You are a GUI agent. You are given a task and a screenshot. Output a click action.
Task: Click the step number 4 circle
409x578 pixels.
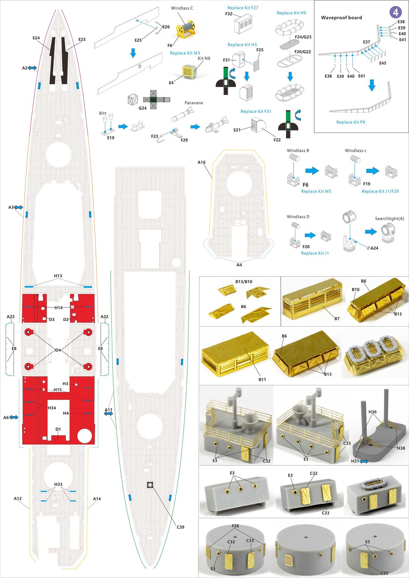click(x=395, y=12)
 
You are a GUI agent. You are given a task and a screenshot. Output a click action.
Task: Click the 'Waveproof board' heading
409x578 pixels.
click(x=341, y=18)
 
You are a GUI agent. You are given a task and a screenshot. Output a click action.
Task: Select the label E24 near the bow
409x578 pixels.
click(x=36, y=38)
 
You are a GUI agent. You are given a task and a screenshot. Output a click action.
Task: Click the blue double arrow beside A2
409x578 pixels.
click(x=32, y=68)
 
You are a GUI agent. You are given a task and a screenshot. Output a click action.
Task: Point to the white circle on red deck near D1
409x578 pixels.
click(x=84, y=436)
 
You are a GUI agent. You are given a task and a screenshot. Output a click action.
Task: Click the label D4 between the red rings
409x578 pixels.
click(x=58, y=350)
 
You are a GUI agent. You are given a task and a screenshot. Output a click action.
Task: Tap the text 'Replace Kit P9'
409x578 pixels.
click(x=350, y=122)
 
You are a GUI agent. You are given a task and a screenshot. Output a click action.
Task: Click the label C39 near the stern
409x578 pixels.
click(x=180, y=527)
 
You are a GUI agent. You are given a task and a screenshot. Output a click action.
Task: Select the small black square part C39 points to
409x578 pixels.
click(x=150, y=485)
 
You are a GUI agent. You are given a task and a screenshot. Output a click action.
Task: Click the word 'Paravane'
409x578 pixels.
click(x=194, y=103)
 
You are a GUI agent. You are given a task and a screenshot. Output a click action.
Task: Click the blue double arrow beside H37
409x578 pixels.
click(x=364, y=461)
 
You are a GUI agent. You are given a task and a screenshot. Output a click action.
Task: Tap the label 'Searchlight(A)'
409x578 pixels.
click(x=389, y=219)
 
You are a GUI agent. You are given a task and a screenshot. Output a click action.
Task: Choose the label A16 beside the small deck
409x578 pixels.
click(x=201, y=162)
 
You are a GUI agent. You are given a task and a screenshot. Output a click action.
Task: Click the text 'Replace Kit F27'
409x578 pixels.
click(x=243, y=8)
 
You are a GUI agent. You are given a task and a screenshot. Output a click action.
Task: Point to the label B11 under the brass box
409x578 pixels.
click(x=262, y=379)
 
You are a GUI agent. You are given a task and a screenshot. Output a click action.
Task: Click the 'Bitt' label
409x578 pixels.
click(x=102, y=113)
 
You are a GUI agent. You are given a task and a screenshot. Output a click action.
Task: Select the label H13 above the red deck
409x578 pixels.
click(x=58, y=276)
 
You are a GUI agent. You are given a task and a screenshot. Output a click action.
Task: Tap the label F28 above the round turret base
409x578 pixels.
click(x=235, y=526)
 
